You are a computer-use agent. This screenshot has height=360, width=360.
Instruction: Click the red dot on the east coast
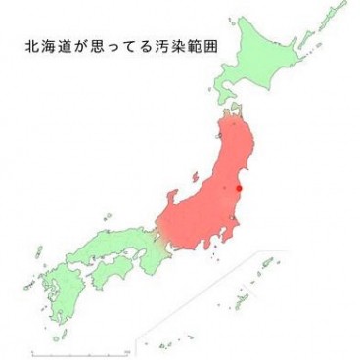[239, 189]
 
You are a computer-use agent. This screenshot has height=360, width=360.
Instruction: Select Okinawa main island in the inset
[241, 295]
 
